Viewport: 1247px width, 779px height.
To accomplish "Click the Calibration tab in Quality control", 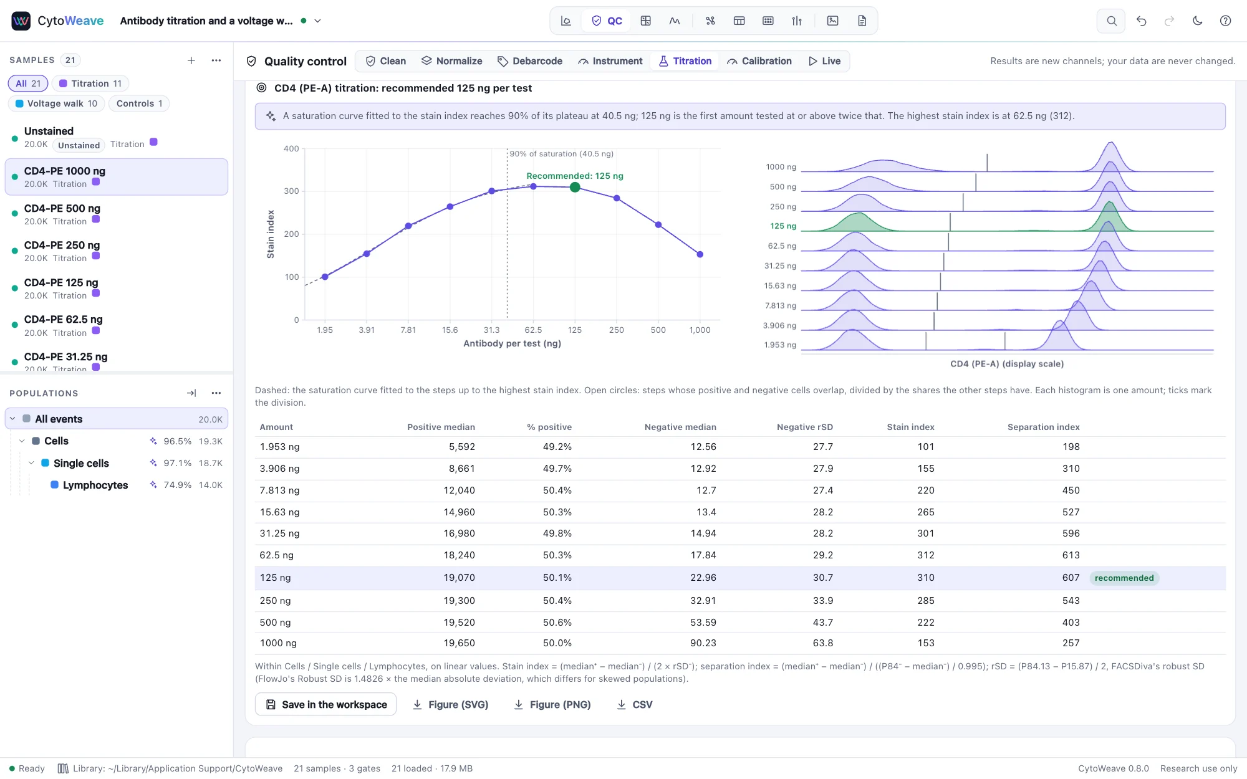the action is click(x=759, y=61).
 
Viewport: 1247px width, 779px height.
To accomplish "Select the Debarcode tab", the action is click(x=530, y=61).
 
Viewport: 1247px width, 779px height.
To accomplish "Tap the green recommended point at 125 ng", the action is click(x=575, y=187).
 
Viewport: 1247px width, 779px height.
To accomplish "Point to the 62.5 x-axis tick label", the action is click(x=533, y=330).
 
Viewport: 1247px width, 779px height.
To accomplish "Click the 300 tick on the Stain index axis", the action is click(x=291, y=191).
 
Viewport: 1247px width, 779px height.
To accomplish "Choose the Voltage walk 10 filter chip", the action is click(x=56, y=103).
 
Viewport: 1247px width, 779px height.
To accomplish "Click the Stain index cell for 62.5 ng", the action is click(x=925, y=555).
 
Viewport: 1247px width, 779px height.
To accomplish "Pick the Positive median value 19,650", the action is click(x=459, y=643).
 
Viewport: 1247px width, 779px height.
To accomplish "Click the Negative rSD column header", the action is click(x=804, y=427).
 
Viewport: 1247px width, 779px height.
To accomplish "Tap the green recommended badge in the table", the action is click(x=1124, y=578).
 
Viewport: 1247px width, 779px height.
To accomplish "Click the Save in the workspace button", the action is click(x=326, y=704).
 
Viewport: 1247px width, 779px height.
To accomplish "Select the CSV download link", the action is click(x=635, y=704).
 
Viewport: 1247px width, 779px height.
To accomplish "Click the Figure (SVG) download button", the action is click(x=450, y=704).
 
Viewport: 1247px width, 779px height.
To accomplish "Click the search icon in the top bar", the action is click(x=1111, y=21).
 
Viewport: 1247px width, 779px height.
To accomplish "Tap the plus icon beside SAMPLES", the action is click(x=191, y=60).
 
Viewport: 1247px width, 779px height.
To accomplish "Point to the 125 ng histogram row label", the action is click(x=782, y=226).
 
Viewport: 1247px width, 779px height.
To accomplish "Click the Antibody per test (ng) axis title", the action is click(x=512, y=343).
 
